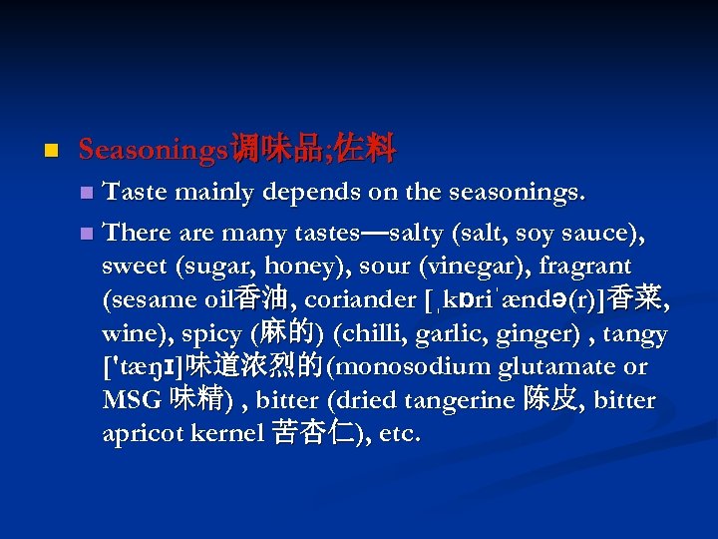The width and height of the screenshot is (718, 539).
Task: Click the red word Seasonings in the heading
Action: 154,151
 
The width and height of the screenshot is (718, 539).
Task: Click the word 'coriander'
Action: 361,299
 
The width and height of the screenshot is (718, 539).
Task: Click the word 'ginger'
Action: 533,333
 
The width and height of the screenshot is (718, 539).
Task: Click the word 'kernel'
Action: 230,434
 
